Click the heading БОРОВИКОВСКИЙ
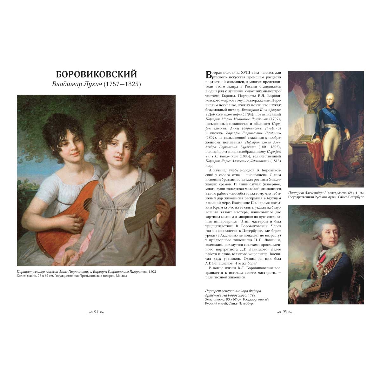pos(97,74)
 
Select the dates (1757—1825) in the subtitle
pos(123,85)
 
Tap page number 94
pos(97,312)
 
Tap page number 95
pos(284,312)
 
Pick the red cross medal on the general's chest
pos(318,264)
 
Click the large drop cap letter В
pos(208,75)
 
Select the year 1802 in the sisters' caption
pos(152,272)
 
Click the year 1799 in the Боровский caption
pos(253,295)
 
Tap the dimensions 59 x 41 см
pos(352,193)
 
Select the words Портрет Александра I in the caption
pos(303,193)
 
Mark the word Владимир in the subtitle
pos(65,85)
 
